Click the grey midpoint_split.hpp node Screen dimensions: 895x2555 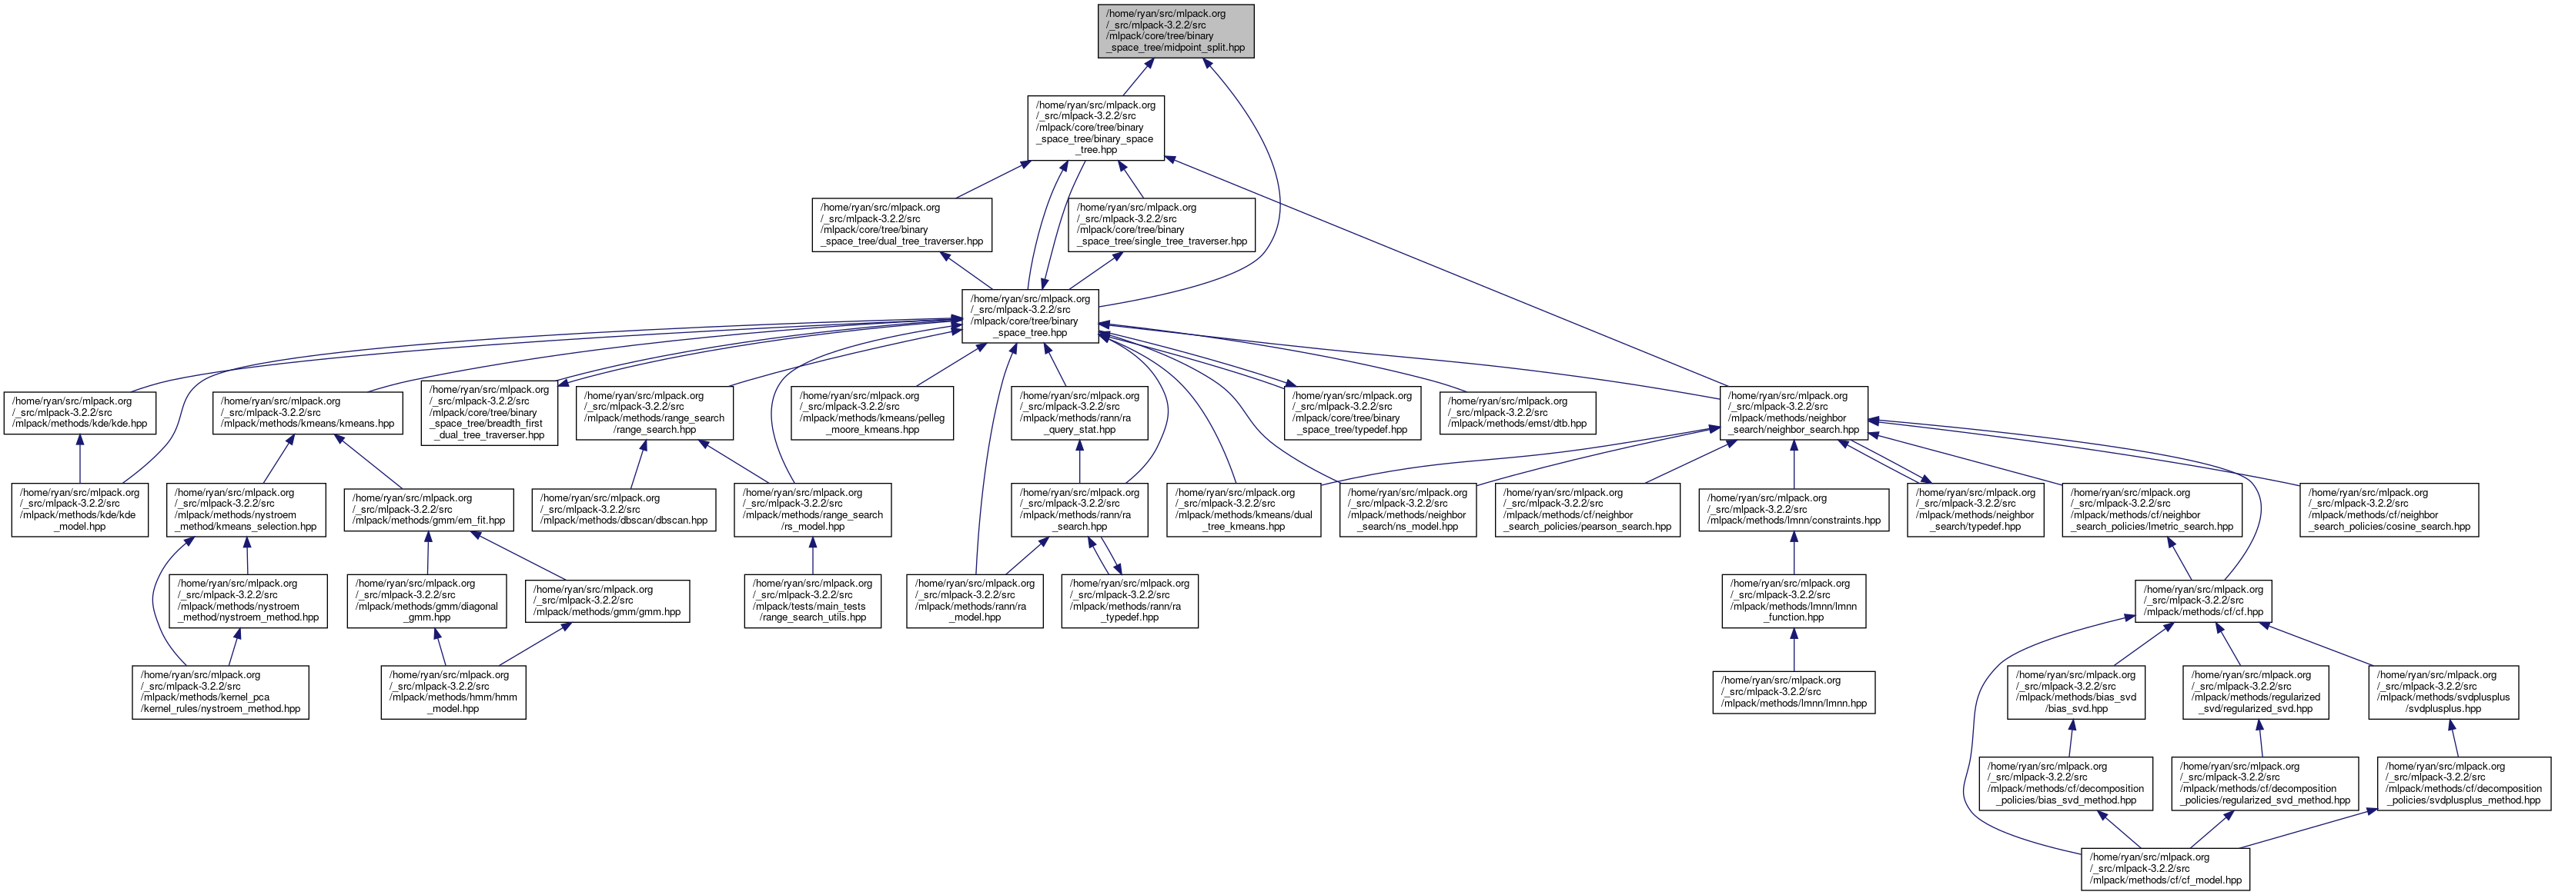tap(1176, 31)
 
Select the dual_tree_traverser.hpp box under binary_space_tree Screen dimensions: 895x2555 tap(901, 224)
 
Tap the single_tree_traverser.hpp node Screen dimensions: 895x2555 tap(1162, 224)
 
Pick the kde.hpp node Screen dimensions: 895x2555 tap(79, 412)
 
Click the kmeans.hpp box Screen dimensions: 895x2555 tap(307, 412)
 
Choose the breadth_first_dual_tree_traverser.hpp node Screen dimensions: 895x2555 tap(489, 412)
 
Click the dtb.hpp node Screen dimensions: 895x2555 tap(1517, 412)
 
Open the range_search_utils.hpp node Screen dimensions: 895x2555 tap(812, 600)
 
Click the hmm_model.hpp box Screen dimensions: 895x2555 tap(453, 692)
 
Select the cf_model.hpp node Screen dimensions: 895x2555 tap(2165, 868)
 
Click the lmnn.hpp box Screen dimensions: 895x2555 tap(1793, 692)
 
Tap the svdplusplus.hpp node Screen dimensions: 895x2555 tap(2443, 692)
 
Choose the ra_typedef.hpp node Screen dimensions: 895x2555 tap(1130, 600)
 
